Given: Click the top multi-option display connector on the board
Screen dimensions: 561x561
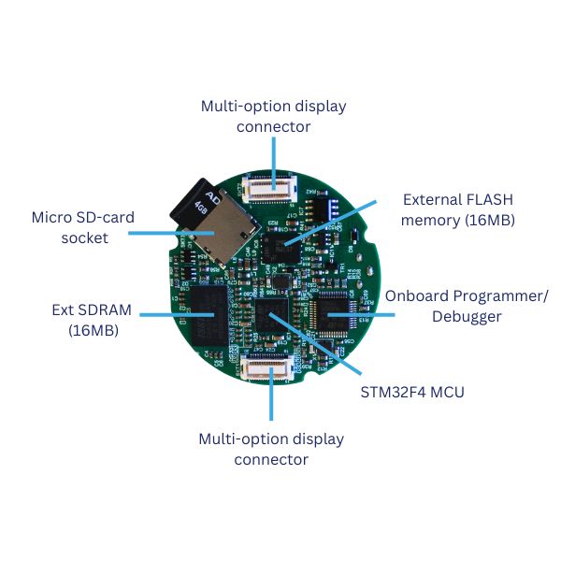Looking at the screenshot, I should pos(273,186).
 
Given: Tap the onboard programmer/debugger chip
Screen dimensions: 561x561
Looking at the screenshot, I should pos(334,312).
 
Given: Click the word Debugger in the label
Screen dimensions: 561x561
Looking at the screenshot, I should pos(467,317).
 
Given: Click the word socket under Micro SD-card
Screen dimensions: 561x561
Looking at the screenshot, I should pos(84,238).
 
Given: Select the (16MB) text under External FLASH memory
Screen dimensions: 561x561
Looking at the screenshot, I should pos(487,221).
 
